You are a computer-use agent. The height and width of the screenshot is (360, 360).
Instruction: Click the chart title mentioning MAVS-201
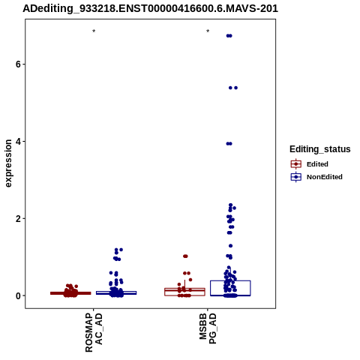pyautogui.click(x=150, y=8)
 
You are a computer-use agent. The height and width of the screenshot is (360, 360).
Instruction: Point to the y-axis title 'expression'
pyautogui.click(x=8, y=163)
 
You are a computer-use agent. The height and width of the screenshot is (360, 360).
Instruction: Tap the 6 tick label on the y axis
pyautogui.click(x=18, y=64)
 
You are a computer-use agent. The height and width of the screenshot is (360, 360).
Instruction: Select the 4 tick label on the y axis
pyautogui.click(x=18, y=142)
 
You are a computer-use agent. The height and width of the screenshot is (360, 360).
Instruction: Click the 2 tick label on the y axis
pyautogui.click(x=18, y=219)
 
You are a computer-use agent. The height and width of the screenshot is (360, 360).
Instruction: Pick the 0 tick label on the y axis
pyautogui.click(x=18, y=295)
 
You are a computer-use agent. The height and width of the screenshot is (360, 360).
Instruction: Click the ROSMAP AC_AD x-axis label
pyautogui.click(x=94, y=332)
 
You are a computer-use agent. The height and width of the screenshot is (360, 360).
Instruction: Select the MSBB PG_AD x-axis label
pyautogui.click(x=208, y=328)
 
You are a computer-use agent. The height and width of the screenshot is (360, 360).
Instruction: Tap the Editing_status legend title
pyautogui.click(x=320, y=149)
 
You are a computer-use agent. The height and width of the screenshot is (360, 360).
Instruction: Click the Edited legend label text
pyautogui.click(x=317, y=164)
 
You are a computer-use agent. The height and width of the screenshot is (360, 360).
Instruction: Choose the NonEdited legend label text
pyautogui.click(x=325, y=177)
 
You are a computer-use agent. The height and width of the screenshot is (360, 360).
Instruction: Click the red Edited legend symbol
pyautogui.click(x=296, y=164)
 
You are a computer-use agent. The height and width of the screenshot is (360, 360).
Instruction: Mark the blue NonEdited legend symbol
pyautogui.click(x=296, y=177)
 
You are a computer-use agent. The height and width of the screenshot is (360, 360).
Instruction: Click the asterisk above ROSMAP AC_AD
pyautogui.click(x=94, y=31)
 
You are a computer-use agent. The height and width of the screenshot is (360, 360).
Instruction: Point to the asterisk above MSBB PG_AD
pyautogui.click(x=208, y=31)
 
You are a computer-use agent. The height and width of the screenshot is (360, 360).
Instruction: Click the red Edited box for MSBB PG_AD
pyautogui.click(x=184, y=292)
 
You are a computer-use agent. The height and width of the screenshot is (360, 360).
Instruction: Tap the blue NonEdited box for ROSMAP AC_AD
pyautogui.click(x=116, y=292)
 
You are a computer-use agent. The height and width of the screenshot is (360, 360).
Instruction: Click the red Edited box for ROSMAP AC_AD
pyautogui.click(x=70, y=293)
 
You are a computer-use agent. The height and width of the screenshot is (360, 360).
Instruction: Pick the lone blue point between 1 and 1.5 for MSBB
pyautogui.click(x=230, y=246)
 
